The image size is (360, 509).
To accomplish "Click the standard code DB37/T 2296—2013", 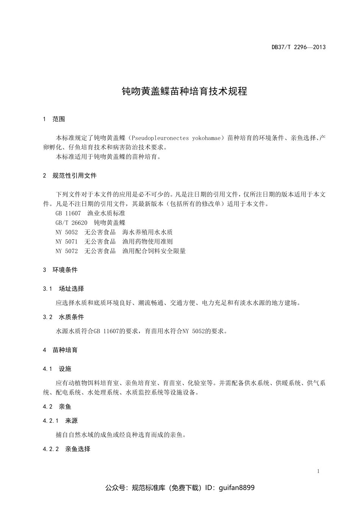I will (299, 47).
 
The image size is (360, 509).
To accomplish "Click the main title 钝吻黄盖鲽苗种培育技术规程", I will (184, 91).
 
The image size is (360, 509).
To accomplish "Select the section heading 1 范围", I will (54, 119).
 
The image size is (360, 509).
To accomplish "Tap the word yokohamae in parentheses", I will (206, 138).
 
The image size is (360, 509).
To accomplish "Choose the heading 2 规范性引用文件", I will (70, 176).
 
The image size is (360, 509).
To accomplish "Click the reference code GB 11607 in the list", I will (68, 214).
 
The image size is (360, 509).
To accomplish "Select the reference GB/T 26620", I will (71, 223).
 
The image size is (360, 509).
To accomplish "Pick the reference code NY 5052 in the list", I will (66, 232).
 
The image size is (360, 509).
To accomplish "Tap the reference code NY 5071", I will (66, 242).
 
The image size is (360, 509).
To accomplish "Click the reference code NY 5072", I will (66, 251).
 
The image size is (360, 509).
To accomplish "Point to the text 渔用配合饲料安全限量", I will (154, 251).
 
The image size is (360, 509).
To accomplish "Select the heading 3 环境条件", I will (61, 270).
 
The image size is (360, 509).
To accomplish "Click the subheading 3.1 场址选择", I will (64, 289).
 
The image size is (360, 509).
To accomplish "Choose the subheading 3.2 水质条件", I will (64, 317).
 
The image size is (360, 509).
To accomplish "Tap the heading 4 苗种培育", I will (61, 350).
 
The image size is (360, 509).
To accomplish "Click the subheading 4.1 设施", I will (57, 369).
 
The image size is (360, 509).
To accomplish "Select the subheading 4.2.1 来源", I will (61, 421).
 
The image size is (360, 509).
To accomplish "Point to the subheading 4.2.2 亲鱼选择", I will (67, 449).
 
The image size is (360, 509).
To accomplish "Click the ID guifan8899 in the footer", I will (237, 488).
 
